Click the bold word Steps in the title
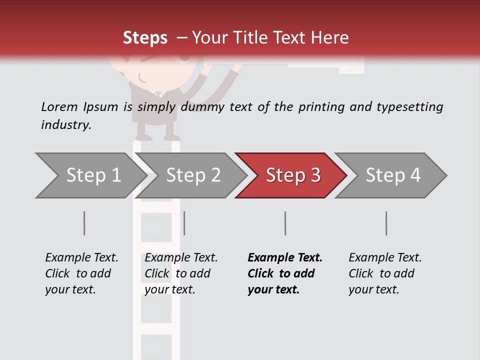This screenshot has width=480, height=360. click(145, 38)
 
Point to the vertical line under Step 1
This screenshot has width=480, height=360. click(84, 223)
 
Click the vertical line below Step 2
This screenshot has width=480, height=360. click(184, 223)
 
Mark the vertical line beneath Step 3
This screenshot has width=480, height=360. click(285, 223)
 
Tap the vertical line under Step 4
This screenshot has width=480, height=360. click(386, 223)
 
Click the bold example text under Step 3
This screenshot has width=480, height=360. click(285, 273)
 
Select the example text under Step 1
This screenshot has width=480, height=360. click(81, 273)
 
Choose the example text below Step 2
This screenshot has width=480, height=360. click(181, 273)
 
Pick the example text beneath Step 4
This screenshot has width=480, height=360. click(385, 273)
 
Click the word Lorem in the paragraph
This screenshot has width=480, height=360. click(59, 106)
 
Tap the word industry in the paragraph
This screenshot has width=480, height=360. click(65, 125)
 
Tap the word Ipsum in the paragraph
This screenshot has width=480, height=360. click(101, 107)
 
